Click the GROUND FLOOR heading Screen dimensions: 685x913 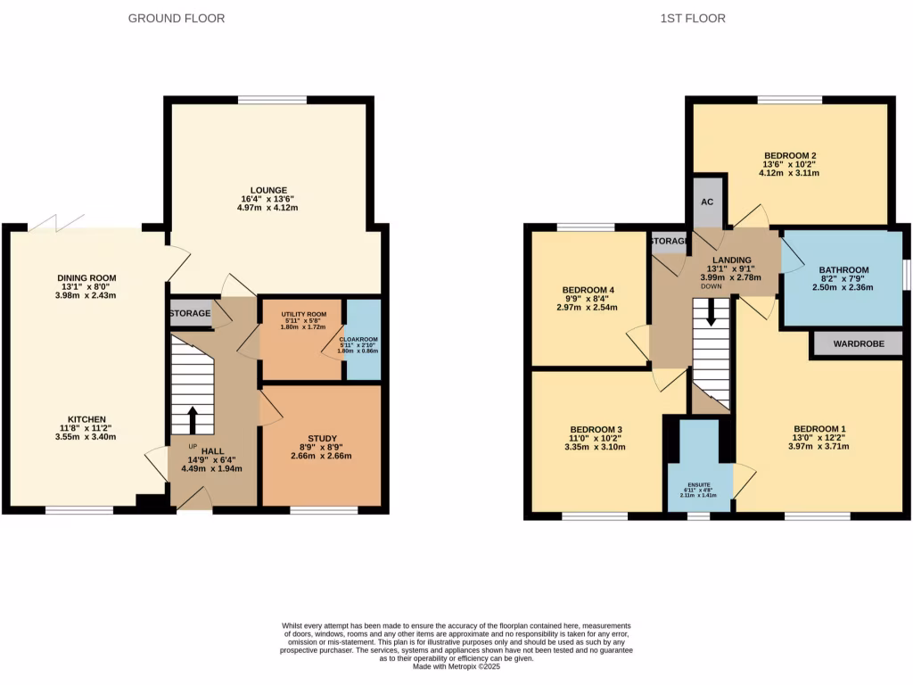177,18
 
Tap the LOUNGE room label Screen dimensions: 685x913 268,190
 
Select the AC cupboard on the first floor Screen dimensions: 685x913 707,202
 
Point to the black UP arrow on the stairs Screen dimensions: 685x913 193,419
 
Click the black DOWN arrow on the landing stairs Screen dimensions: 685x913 711,313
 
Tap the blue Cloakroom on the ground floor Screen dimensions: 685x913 363,340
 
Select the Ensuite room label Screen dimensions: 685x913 699,484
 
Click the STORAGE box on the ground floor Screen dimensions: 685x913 191,313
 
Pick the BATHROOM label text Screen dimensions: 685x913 843,270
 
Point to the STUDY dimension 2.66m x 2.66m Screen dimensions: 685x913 322,456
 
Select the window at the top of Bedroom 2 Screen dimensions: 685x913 790,98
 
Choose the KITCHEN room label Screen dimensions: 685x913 87,419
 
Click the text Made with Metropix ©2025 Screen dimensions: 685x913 456,666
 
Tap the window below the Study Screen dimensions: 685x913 324,510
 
